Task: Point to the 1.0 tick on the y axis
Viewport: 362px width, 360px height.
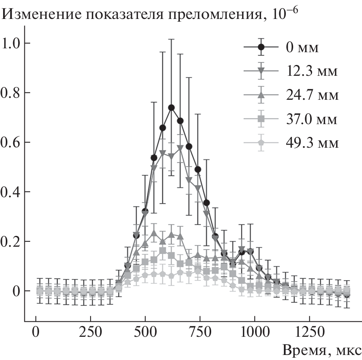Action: pos(11,43)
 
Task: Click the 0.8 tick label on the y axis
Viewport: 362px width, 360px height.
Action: pos(11,93)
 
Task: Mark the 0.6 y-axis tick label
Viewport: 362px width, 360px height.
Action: pos(11,142)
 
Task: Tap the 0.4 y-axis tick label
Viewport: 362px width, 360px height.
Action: pos(11,192)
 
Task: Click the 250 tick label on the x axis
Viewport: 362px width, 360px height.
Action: pos(90,333)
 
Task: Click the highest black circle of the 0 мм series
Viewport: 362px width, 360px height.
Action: pos(171,107)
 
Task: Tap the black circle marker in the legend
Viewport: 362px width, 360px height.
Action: pos(261,47)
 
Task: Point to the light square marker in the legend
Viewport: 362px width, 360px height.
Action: pos(261,119)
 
